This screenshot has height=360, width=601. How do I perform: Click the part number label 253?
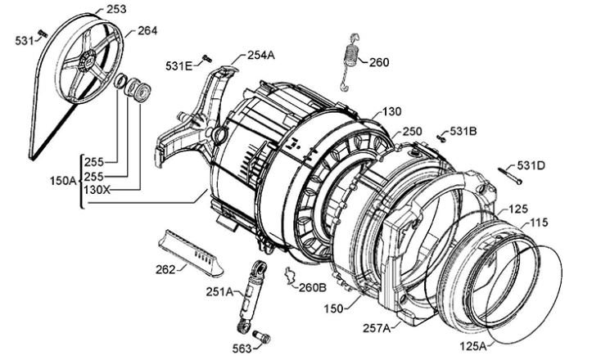tap(116, 9)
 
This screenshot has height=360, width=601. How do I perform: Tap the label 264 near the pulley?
tap(147, 30)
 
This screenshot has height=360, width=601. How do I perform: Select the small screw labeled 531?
tap(43, 34)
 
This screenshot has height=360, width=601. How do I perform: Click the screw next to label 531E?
tap(207, 59)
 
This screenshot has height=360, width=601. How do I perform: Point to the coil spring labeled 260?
tap(350, 62)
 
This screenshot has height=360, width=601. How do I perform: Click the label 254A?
tap(261, 55)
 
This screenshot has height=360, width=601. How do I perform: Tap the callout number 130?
tap(391, 111)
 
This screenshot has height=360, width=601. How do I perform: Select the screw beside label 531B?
tap(441, 137)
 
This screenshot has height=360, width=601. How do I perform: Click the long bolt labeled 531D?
tap(510, 176)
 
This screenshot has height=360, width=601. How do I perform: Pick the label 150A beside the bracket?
tap(63, 180)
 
